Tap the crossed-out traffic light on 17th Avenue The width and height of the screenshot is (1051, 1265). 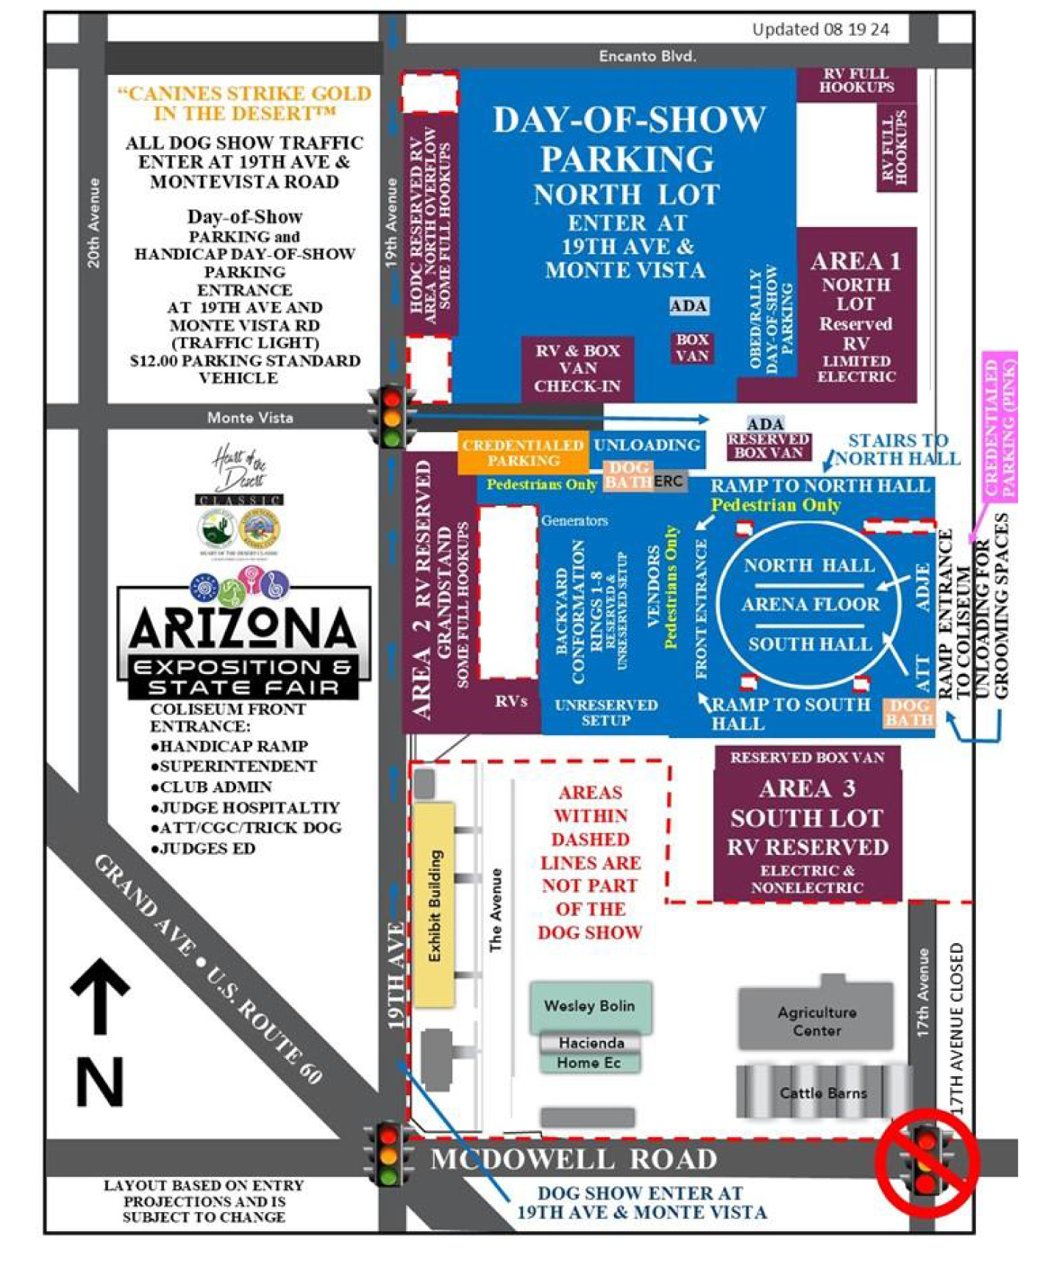click(926, 1161)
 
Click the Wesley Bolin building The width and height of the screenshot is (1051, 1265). click(589, 1006)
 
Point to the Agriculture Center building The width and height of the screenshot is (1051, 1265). click(816, 1021)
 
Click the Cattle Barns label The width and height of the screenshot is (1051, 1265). click(823, 1093)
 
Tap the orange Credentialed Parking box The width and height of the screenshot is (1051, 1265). click(523, 453)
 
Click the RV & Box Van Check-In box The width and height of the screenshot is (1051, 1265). click(577, 368)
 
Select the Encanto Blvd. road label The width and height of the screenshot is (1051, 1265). click(647, 56)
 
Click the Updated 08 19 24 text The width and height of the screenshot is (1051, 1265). click(820, 29)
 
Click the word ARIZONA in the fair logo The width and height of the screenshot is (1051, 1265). click(243, 629)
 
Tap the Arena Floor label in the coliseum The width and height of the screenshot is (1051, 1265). click(810, 604)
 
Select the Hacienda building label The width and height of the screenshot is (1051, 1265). click(591, 1042)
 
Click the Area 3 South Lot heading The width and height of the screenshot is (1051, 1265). click(807, 803)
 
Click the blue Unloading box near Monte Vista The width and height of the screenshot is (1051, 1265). click(646, 445)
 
